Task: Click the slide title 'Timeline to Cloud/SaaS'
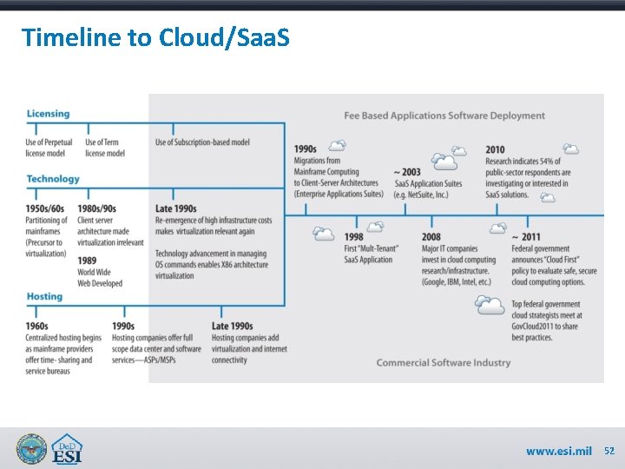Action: point(155,37)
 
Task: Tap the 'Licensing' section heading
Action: point(48,114)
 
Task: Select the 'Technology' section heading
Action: point(53,179)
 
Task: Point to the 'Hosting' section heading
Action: point(44,297)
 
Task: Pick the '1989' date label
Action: point(87,261)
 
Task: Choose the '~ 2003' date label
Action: point(407,172)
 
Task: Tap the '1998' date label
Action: point(353,237)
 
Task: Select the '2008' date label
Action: point(431,237)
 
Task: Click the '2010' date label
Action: point(495,150)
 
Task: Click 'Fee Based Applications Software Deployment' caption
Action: point(444,116)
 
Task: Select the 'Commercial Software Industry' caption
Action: point(443,362)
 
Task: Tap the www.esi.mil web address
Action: point(558,451)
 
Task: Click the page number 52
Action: point(609,451)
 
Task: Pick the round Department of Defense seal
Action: point(31,448)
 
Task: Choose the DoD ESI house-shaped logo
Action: point(67,448)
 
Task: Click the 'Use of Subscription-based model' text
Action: point(202,142)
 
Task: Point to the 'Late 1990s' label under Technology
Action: point(176,208)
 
